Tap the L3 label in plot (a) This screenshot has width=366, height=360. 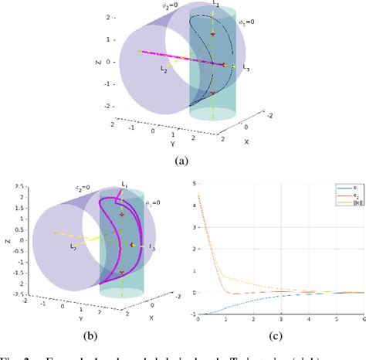[246, 69]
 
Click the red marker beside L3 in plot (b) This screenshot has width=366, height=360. [133, 245]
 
